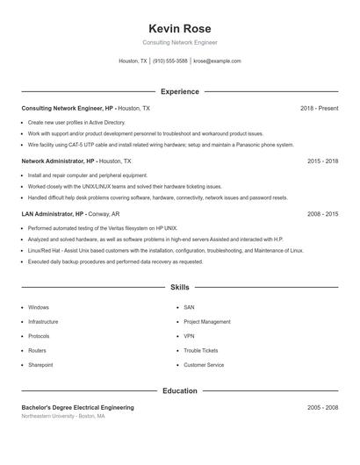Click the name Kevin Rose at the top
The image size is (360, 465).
[x=180, y=28]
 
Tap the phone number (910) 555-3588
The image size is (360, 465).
[x=170, y=61]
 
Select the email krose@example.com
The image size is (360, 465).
[x=217, y=61]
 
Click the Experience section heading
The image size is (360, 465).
[x=180, y=91]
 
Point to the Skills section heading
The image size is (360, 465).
[x=180, y=287]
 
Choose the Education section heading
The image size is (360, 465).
[x=180, y=390]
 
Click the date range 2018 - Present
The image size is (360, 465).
[x=319, y=109]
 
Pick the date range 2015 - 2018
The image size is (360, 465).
[x=322, y=161]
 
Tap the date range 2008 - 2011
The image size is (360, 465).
[x=322, y=214]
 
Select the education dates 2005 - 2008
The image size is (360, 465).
[x=322, y=407]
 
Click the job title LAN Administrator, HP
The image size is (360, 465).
[x=54, y=214]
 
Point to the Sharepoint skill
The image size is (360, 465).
[x=40, y=365]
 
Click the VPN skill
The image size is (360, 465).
[x=189, y=336]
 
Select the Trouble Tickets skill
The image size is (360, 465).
[x=201, y=351]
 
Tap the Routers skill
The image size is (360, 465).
[x=38, y=351]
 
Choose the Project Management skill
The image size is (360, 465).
[x=207, y=322]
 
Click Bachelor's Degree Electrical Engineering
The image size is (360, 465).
[x=78, y=407]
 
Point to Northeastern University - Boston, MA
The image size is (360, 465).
[x=63, y=416]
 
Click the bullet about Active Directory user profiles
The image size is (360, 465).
[x=76, y=123]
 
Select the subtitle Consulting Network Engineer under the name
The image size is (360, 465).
[x=180, y=42]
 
